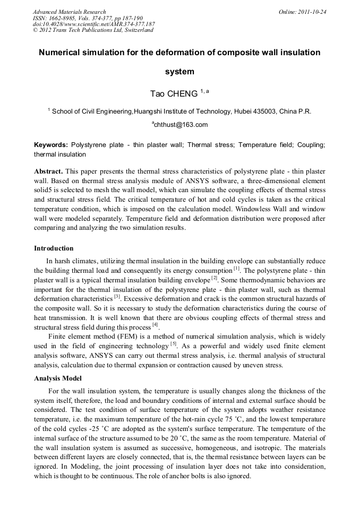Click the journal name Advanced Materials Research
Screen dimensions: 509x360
pyautogui.click(x=69, y=12)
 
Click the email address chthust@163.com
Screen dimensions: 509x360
pyautogui.click(x=180, y=125)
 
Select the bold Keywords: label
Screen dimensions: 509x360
pyautogui.click(x=51, y=145)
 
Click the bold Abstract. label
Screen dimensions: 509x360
pyautogui.click(x=48, y=171)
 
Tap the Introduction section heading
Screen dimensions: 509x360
pyautogui.click(x=54, y=248)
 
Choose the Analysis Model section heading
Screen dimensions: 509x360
pyautogui.click(x=58, y=378)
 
